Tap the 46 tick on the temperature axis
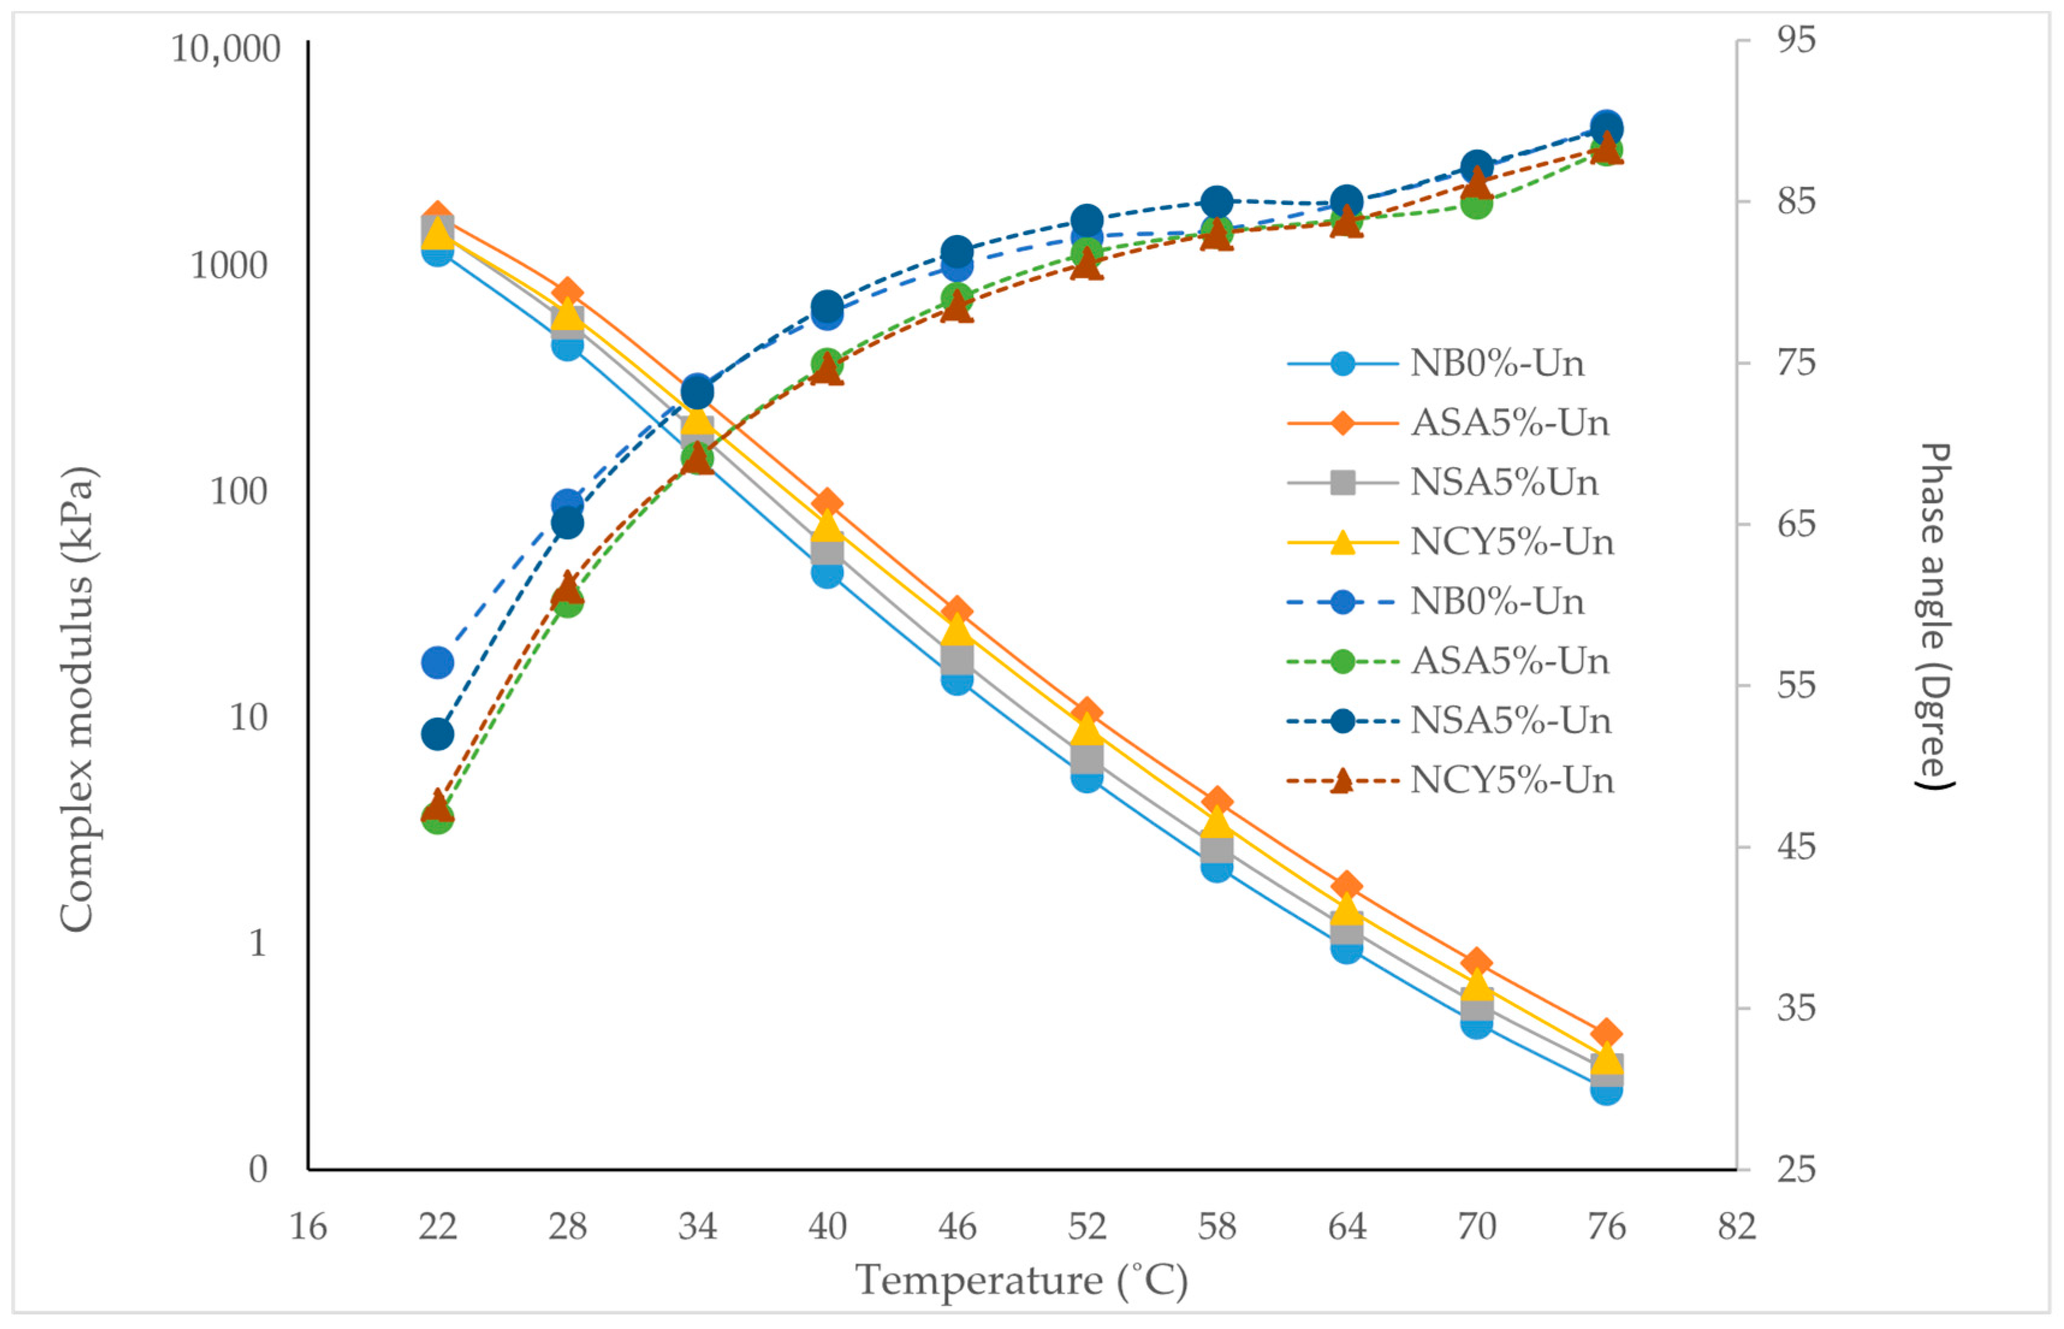(x=957, y=1226)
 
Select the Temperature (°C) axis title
(x=1021, y=1281)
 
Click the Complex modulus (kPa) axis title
(x=78, y=699)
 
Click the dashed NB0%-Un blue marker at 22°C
(x=438, y=663)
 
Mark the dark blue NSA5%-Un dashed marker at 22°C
(x=438, y=735)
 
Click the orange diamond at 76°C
(x=1606, y=1033)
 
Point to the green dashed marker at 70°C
(x=1476, y=204)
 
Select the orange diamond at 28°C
(x=567, y=292)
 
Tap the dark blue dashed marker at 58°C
(x=1216, y=202)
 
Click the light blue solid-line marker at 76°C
(x=1606, y=1090)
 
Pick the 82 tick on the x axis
(x=1736, y=1226)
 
